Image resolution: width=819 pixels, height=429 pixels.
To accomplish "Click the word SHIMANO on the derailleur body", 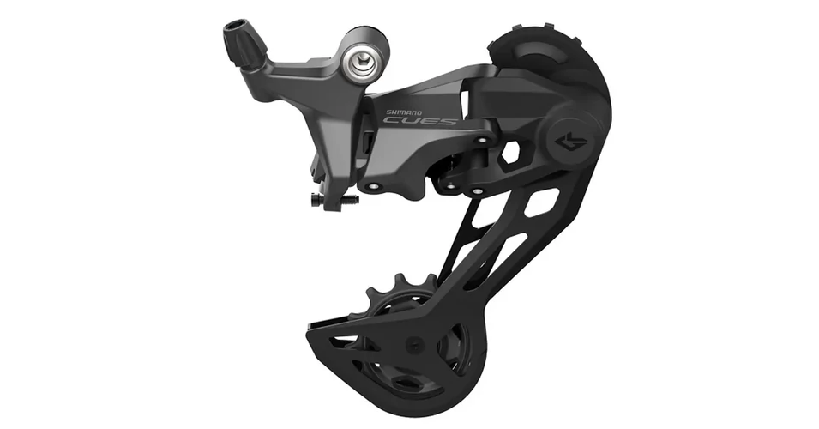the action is pyautogui.click(x=403, y=112).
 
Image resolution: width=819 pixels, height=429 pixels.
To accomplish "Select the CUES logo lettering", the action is pyautogui.click(x=419, y=122).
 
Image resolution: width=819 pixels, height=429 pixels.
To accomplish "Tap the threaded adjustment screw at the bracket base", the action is pyautogui.click(x=334, y=198).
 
